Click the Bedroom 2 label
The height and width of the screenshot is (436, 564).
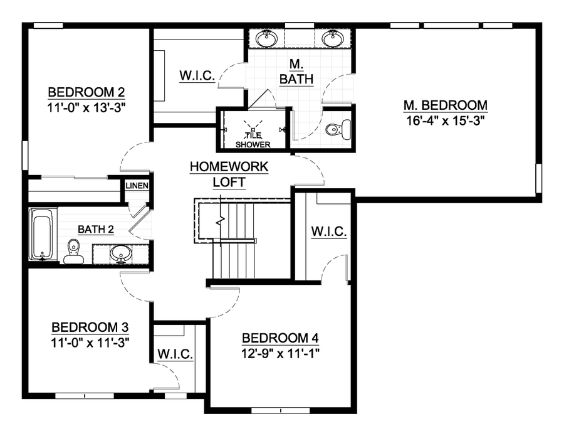(x=88, y=92)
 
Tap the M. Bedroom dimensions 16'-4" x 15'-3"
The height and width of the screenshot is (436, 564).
(x=446, y=120)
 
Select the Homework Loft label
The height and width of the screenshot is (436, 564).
(x=229, y=174)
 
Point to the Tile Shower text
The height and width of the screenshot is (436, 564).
(x=253, y=140)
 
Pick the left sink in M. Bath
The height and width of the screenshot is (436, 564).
(x=268, y=38)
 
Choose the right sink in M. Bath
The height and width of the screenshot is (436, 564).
(x=333, y=39)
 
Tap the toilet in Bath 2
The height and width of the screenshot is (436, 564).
(x=73, y=250)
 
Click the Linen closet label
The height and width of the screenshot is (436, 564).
(x=136, y=186)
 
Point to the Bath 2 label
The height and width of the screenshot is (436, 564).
(x=95, y=230)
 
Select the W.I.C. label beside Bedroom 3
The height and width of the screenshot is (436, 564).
(x=175, y=354)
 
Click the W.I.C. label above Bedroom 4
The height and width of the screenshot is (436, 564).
(x=329, y=232)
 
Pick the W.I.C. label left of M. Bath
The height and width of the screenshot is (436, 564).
(x=198, y=75)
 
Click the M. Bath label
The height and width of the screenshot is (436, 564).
(x=296, y=72)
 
